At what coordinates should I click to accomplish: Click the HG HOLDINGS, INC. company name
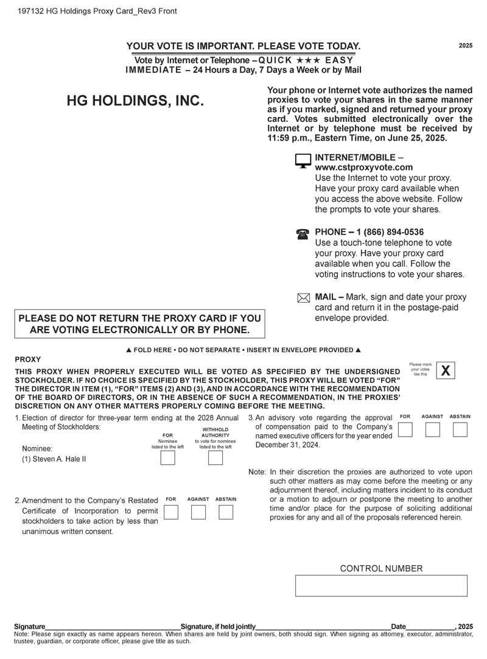tap(135, 101)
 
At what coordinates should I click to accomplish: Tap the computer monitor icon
tap(303, 161)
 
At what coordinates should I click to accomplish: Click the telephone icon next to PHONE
tap(303, 234)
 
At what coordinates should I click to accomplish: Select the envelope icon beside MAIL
tap(303, 298)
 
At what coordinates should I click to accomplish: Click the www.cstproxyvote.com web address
tap(363, 167)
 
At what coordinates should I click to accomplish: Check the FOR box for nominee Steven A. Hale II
tap(167, 458)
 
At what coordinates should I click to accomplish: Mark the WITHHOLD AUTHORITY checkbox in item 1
tap(215, 458)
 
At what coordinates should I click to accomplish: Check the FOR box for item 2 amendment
tap(171, 512)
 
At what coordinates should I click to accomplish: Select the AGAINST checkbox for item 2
tap(198, 512)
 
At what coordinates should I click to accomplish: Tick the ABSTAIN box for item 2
tap(226, 512)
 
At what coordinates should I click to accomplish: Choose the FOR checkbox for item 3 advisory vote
tap(405, 429)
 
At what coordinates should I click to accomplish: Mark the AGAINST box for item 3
tap(432, 429)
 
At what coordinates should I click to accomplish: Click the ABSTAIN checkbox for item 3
tap(460, 429)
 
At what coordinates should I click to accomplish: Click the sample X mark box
tap(446, 370)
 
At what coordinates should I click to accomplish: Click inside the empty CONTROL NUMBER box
tap(381, 585)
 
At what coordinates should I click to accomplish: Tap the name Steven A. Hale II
tap(54, 459)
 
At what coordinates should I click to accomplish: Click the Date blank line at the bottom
tap(430, 626)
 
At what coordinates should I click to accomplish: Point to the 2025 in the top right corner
tap(466, 46)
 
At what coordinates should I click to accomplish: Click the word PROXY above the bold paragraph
tap(27, 359)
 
